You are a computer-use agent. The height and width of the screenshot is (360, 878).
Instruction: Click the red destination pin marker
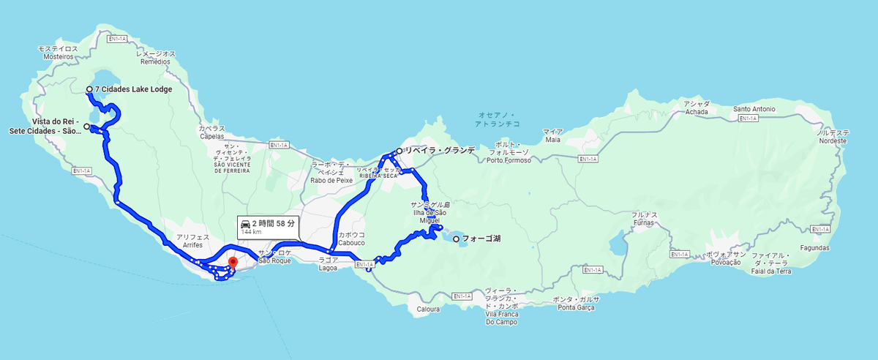[x=233, y=263]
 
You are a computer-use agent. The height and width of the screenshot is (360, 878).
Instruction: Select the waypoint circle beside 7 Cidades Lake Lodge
[x=89, y=89]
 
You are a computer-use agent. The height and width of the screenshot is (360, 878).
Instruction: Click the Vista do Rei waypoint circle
[x=86, y=127]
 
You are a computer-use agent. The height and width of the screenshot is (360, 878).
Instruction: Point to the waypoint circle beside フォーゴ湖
[x=456, y=239]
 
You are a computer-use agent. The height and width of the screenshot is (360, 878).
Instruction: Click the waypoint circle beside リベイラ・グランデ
[x=399, y=151]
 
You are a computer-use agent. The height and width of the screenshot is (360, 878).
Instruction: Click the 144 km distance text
[x=251, y=232]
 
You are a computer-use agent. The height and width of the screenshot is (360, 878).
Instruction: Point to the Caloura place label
[x=428, y=310]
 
